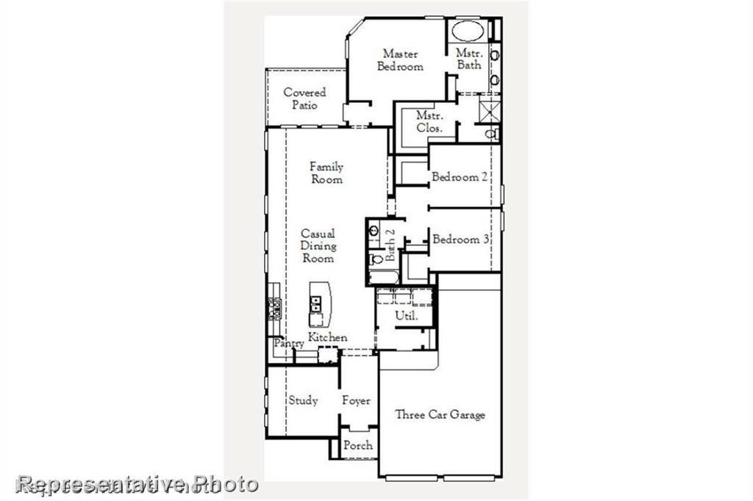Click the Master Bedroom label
[x=400, y=60]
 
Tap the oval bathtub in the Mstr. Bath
[x=465, y=31]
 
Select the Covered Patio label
[x=304, y=98]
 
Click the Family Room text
[x=326, y=173]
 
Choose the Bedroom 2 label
[x=460, y=177]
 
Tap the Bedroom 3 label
[x=461, y=239]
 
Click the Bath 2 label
[x=390, y=245]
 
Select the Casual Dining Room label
[x=318, y=246]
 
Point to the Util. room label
[x=407, y=316]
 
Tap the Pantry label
[x=289, y=344]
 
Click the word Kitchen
[x=328, y=337]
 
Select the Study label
[x=303, y=400]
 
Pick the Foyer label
[x=356, y=401]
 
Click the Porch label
[x=358, y=445]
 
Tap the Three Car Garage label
[x=440, y=415]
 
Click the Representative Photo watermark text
[x=138, y=484]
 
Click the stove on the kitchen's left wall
[x=274, y=308]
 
